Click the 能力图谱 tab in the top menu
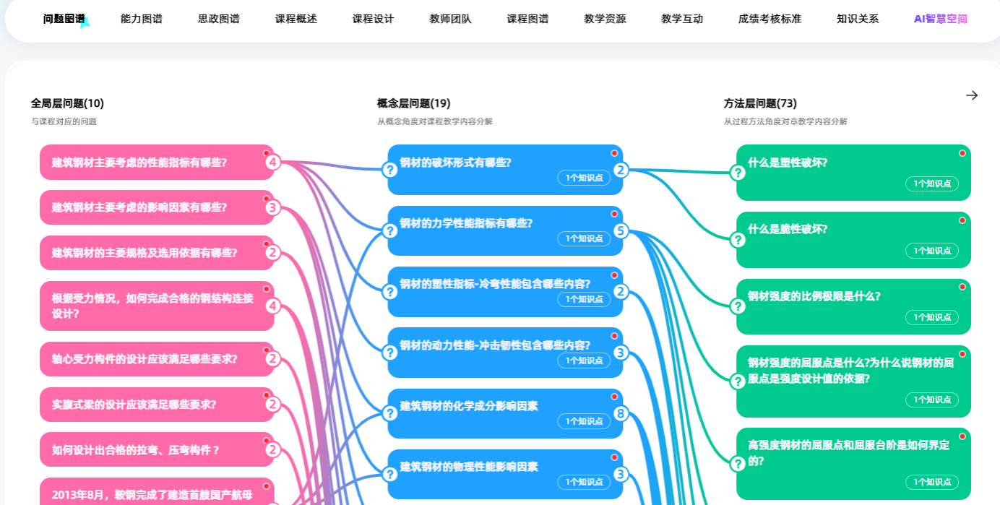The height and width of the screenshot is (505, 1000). (142, 20)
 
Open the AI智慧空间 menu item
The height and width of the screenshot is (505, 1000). (940, 20)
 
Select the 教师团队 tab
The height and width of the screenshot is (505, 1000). (450, 20)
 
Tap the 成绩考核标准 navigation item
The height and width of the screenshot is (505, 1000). (770, 20)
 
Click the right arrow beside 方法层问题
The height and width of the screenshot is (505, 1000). (972, 95)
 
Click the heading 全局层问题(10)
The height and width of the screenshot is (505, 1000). (67, 103)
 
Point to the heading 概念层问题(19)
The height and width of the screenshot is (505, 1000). (414, 103)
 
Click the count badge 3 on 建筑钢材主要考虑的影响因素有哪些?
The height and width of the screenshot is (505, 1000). (272, 208)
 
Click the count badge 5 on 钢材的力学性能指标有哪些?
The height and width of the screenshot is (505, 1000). (621, 231)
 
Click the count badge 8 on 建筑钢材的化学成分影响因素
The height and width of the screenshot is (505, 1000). (621, 414)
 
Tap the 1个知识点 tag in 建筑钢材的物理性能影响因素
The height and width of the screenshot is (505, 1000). (584, 482)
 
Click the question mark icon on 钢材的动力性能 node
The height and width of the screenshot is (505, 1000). (390, 353)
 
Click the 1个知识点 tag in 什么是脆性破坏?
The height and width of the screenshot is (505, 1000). (931, 251)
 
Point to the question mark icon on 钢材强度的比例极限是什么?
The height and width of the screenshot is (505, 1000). (738, 306)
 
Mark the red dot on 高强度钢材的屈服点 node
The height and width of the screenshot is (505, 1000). (962, 436)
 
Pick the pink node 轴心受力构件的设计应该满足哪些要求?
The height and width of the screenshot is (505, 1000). (145, 359)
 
